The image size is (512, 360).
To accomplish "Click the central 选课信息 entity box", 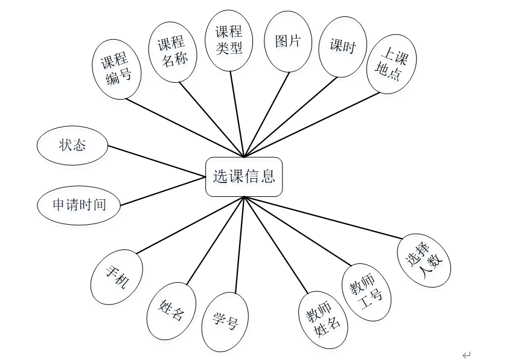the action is point(244,176).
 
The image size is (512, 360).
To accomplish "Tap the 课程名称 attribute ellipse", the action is point(172,53).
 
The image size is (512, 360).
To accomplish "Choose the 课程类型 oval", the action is point(229,40).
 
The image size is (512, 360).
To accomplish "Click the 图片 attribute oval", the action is point(287,41).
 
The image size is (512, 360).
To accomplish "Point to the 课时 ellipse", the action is point(342,47).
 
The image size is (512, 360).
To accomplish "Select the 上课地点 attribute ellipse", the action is point(391,63).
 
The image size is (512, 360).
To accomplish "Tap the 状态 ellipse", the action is point(72,145).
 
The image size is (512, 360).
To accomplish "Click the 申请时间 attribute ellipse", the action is point(78,205).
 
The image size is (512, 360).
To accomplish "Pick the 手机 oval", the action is point(117,277).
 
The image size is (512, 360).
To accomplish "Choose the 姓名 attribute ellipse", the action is point(171,310).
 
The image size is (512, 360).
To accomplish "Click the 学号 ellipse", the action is point(225,322).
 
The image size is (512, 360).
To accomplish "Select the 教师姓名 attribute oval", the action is point(323,321).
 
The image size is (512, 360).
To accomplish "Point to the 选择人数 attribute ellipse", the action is point(424,260).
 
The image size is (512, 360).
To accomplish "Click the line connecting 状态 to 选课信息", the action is point(157,161).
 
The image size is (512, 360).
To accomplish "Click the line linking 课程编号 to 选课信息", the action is point(184,127).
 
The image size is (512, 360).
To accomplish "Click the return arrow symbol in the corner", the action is point(466,355).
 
